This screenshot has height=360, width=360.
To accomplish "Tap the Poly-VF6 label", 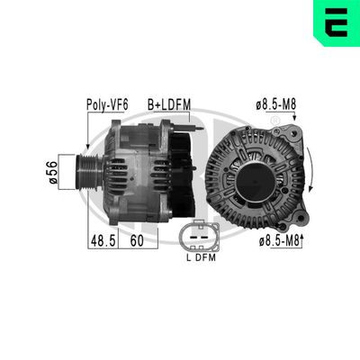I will point(106,105).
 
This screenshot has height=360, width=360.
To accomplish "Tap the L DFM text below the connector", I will point(199,259).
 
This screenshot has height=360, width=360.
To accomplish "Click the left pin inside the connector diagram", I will point(192,238).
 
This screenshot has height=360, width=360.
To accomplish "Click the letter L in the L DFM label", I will point(187,259).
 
